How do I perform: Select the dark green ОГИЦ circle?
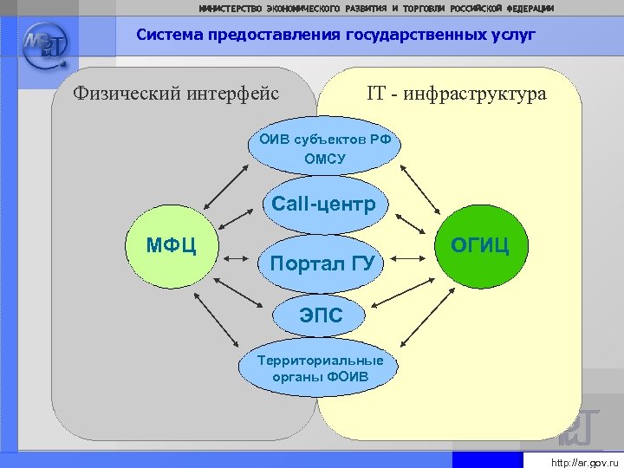point(479,245)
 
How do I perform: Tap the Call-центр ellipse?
point(323,205)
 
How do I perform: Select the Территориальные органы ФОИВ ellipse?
point(320,369)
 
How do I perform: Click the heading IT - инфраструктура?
point(457,93)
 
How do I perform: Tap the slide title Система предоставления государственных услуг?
point(336,36)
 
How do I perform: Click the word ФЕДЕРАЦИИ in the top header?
point(530,8)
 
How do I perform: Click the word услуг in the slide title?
point(515,36)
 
